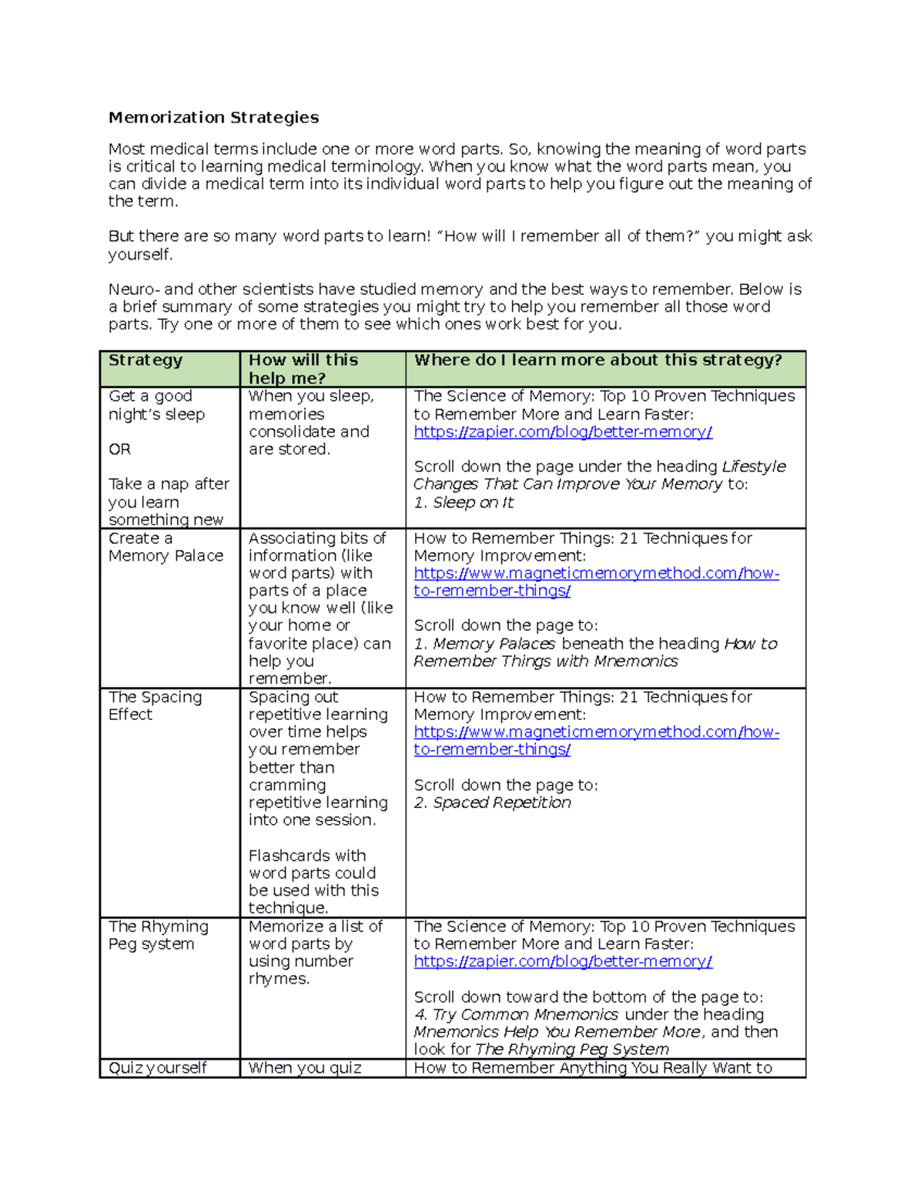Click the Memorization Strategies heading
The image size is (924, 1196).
tap(213, 118)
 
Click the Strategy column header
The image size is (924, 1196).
tap(146, 360)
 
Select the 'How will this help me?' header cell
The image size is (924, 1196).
tap(303, 369)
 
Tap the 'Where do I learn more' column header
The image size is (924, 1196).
tap(598, 360)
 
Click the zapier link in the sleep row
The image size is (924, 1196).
tap(563, 432)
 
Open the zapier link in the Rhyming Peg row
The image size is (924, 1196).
tap(563, 962)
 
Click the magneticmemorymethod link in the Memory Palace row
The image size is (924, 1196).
tap(596, 582)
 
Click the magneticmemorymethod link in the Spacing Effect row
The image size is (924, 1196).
tap(596, 741)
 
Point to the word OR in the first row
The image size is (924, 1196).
tap(119, 450)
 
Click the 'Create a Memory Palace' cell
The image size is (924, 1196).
tap(166, 548)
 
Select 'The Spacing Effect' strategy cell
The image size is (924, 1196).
tap(155, 705)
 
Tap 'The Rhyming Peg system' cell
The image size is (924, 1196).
tap(158, 935)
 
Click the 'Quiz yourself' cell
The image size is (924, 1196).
tap(157, 1068)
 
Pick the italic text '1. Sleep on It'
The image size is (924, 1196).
tap(464, 503)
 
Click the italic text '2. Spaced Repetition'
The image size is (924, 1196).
tap(493, 803)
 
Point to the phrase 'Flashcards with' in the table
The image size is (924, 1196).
tap(306, 856)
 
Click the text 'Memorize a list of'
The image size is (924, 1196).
tap(315, 926)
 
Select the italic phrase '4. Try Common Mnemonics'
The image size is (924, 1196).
tap(516, 1015)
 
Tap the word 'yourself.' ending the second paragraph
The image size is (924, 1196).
tap(140, 255)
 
